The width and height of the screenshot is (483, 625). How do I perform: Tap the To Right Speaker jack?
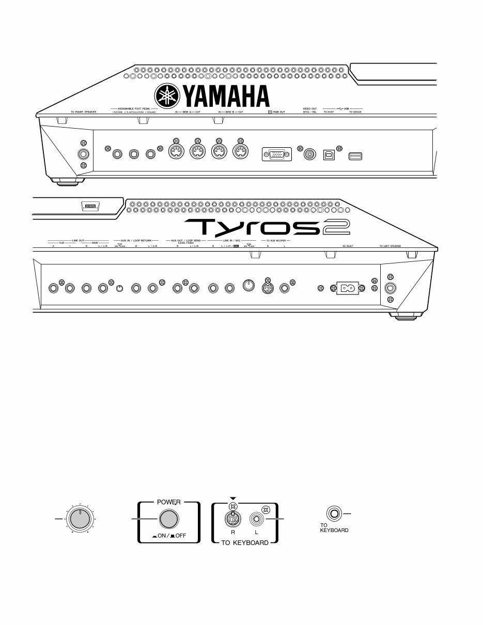82,154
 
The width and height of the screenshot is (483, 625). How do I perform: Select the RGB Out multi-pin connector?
277,154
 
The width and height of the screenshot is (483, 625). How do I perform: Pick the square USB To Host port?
329,154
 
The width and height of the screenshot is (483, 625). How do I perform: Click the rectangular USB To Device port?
354,155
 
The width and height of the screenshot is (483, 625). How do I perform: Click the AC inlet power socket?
347,288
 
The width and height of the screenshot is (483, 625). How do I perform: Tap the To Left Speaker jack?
390,288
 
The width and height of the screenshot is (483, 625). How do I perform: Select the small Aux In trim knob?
119,288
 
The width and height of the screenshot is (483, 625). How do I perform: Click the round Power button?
167,519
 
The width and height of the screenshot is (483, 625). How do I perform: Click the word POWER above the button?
167,501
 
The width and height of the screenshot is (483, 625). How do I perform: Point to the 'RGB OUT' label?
278,111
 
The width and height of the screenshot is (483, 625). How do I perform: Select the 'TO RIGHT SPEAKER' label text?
83,111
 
